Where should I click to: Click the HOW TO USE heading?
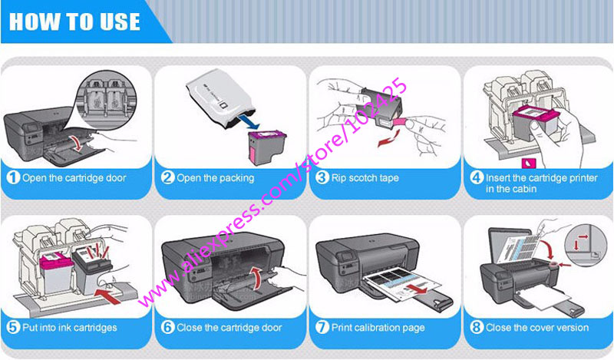tap(74, 21)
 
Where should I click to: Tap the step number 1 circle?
tap(13, 178)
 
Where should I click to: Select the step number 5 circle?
tap(13, 328)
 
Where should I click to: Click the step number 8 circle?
tap(477, 328)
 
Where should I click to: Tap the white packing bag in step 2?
tap(217, 99)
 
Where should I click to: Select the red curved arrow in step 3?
tap(388, 139)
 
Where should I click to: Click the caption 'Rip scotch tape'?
tap(365, 178)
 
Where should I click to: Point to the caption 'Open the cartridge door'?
tap(74, 178)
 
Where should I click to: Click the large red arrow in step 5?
tap(111, 295)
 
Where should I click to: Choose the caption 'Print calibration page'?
tap(378, 328)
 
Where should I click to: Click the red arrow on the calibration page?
tap(415, 289)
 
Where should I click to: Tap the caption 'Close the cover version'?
tap(537, 328)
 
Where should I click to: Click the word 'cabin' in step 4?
tap(523, 189)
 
